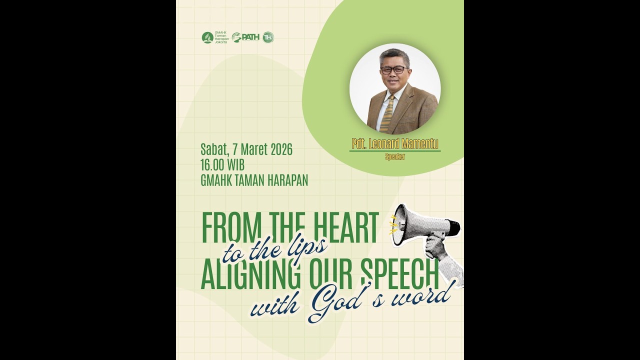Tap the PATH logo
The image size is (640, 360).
tap(245, 37)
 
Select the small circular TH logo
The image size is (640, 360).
tap(268, 37)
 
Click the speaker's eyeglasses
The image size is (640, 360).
tap(394, 70)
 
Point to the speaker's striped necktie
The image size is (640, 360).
tap(387, 113)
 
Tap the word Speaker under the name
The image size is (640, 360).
tap(395, 156)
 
